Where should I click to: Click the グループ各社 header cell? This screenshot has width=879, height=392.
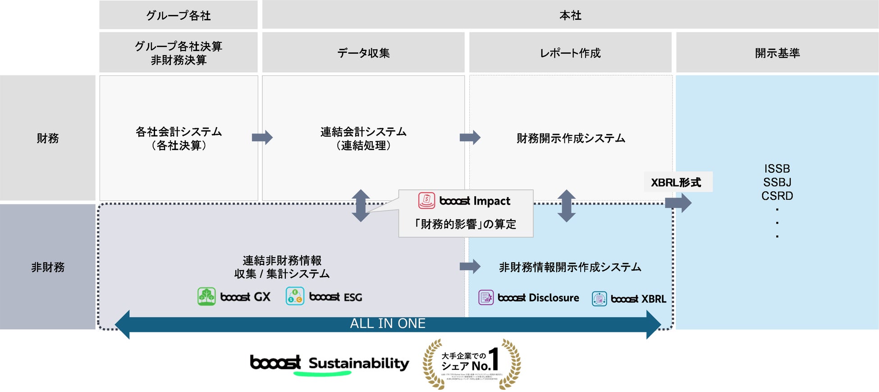click(x=179, y=15)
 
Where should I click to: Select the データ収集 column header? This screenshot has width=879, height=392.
click(x=363, y=53)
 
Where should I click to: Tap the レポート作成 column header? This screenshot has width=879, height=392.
click(x=570, y=53)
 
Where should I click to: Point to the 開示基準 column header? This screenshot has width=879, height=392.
click(x=777, y=53)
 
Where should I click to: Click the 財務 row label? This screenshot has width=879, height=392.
click(x=48, y=138)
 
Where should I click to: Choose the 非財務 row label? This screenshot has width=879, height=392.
click(x=48, y=267)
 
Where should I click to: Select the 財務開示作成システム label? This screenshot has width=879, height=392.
click(x=571, y=138)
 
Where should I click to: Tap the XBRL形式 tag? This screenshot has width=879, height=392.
click(x=676, y=182)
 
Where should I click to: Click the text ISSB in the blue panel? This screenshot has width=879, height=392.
click(x=777, y=169)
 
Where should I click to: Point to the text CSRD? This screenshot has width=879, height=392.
click(x=777, y=196)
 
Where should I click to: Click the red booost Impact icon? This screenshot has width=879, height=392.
click(x=426, y=200)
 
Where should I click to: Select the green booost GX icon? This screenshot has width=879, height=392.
click(x=206, y=297)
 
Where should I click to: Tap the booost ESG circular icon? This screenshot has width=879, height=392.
click(x=295, y=296)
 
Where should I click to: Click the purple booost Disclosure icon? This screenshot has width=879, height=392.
click(x=486, y=298)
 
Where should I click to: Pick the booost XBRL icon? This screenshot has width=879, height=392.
click(x=599, y=299)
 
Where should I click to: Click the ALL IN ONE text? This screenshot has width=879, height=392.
click(x=388, y=323)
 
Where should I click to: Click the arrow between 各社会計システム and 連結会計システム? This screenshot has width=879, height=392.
click(x=262, y=137)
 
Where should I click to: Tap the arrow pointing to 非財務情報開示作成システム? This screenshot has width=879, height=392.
click(x=470, y=266)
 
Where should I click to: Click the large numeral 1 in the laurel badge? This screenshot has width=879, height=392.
click(x=494, y=359)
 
